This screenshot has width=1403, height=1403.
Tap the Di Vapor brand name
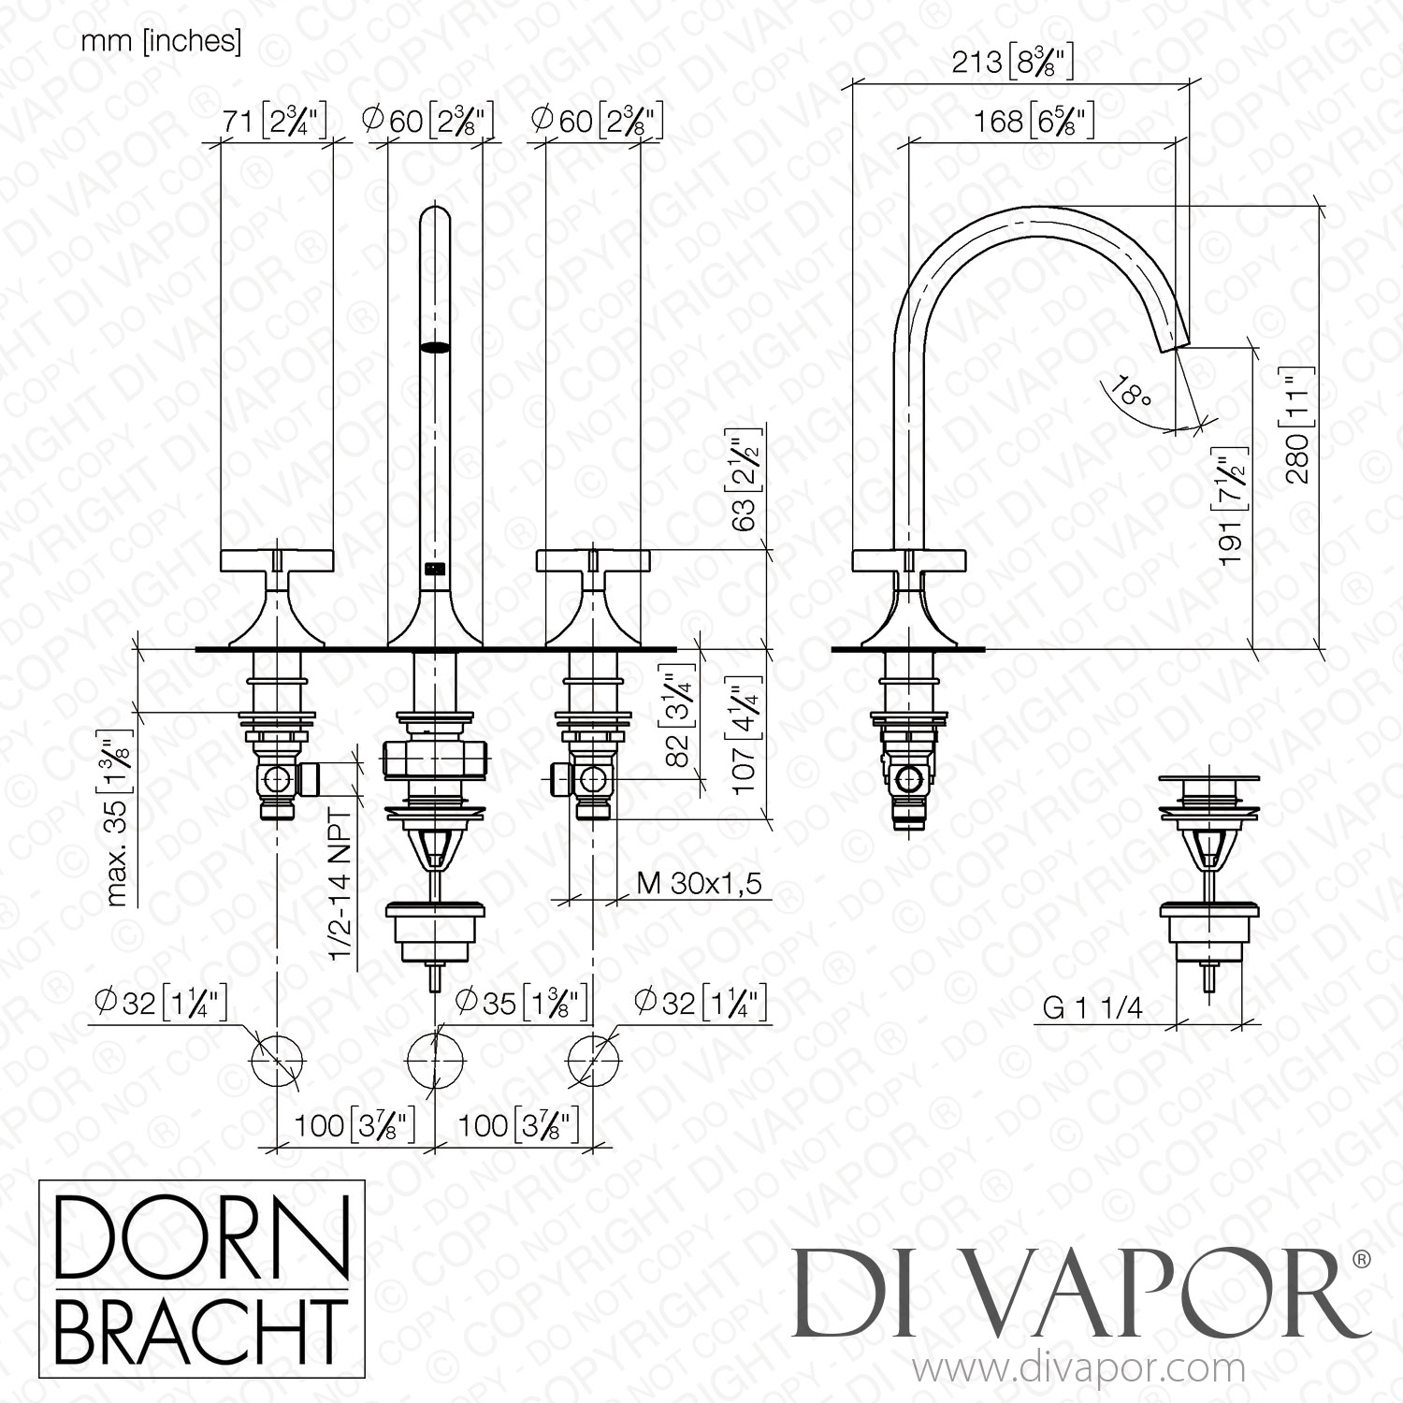click(x=1075, y=1295)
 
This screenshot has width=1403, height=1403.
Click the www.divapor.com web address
click(x=1077, y=1370)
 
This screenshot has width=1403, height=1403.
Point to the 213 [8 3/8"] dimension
click(x=1012, y=64)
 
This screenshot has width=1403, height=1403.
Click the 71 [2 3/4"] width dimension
click(x=274, y=121)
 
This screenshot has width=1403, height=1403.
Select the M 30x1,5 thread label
click(x=699, y=882)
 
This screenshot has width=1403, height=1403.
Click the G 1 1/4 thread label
click(x=1092, y=1007)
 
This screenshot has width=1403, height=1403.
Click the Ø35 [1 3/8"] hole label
click(x=521, y=1003)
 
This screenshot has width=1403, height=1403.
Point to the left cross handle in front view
click(x=277, y=561)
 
